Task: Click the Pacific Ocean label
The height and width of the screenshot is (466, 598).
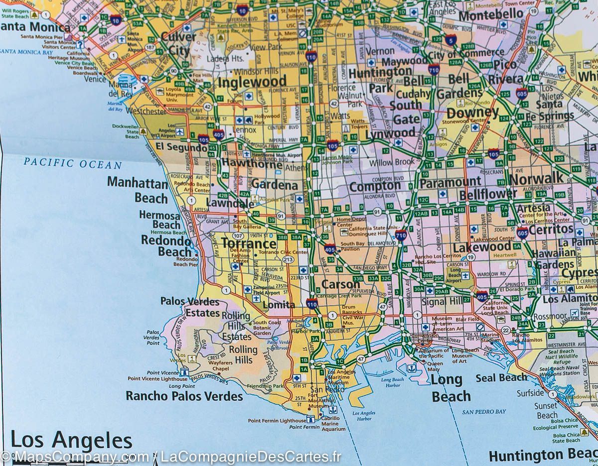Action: [72, 164]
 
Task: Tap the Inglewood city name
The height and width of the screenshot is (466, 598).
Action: [252, 82]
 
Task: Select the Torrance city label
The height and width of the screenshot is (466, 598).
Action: [248, 243]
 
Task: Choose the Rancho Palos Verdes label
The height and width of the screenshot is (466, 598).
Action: [184, 396]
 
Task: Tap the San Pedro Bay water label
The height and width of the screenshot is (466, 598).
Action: [483, 412]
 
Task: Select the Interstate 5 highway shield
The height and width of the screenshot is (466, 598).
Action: [451, 40]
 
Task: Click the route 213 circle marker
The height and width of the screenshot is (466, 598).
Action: [288, 260]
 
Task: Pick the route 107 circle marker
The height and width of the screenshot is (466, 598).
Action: [238, 235]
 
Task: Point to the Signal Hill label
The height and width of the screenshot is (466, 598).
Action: [441, 302]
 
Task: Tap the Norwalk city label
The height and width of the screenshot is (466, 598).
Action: [536, 178]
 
